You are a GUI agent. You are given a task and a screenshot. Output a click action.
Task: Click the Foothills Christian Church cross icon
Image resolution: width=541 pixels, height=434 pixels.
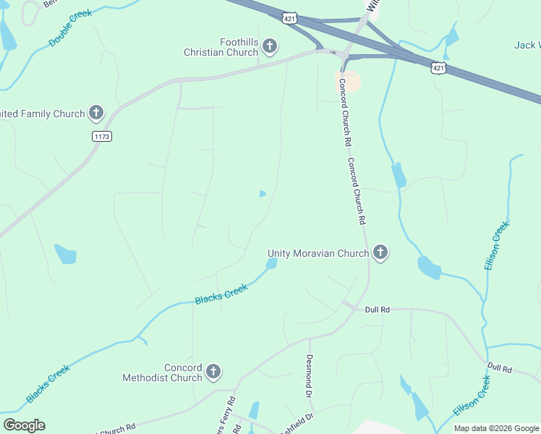[270, 47]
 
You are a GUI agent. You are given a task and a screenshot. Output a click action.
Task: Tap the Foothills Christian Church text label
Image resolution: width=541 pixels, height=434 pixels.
[221, 47]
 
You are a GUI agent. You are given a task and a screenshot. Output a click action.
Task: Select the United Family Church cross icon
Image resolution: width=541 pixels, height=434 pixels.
[95, 113]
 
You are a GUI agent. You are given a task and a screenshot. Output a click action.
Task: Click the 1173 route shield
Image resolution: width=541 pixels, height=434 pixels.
[102, 136]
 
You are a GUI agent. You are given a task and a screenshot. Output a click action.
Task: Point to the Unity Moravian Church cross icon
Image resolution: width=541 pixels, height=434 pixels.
[380, 252]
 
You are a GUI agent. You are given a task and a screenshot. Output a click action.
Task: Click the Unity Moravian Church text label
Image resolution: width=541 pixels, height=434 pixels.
[318, 253]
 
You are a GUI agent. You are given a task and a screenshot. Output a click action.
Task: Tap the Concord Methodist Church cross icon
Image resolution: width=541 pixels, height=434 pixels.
[213, 372]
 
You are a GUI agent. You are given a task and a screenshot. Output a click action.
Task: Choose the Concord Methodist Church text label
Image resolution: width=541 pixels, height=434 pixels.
[163, 373]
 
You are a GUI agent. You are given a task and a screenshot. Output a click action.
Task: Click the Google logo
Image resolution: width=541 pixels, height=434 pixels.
[24, 425]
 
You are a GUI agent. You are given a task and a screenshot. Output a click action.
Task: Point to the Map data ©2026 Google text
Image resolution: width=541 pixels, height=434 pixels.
[495, 428]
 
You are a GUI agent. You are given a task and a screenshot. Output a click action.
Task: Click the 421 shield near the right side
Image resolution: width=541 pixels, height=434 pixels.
[438, 67]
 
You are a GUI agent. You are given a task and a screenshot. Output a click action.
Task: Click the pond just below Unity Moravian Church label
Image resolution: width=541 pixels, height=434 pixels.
[271, 264]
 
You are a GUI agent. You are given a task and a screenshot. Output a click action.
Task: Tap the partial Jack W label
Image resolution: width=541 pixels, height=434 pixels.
[527, 45]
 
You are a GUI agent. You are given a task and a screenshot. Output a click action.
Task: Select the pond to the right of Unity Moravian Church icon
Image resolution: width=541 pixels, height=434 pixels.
[429, 268]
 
